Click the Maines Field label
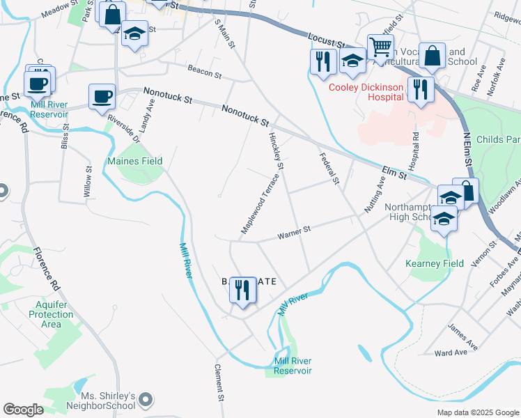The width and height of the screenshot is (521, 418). click(x=134, y=161)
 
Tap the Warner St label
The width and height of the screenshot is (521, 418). click(x=293, y=235)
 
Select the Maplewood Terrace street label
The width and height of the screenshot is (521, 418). click(x=260, y=204)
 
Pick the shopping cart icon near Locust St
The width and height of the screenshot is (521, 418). click(x=380, y=47)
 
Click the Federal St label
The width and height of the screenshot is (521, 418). click(x=328, y=169)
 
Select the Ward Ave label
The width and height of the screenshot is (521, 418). click(x=450, y=353)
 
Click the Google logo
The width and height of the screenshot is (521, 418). click(x=23, y=410)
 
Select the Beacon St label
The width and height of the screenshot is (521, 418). click(x=204, y=71)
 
